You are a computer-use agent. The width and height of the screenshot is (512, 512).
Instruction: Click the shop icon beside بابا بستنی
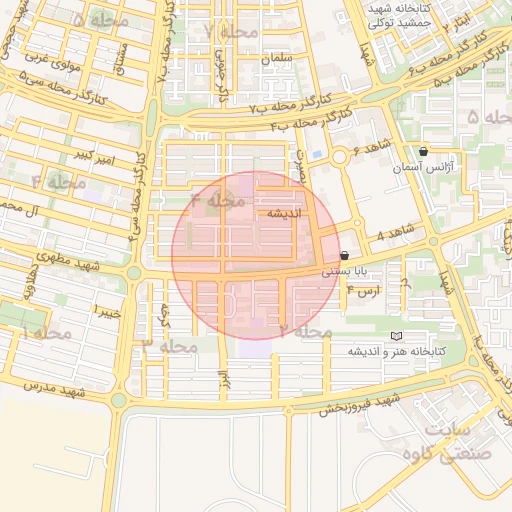coord(345,256)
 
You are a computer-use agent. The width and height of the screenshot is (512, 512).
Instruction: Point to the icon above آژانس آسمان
coord(424,152)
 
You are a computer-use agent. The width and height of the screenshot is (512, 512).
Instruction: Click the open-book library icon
coord(396,336)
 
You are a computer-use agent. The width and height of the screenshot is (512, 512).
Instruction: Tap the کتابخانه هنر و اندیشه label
coord(396,352)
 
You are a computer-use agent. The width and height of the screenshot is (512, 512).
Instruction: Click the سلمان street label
coord(277,59)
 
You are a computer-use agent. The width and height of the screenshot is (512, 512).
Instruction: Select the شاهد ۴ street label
coord(395,236)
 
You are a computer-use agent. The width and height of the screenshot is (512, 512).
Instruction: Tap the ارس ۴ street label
coord(363,291)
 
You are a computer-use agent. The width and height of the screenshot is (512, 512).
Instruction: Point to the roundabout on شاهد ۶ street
coord(340,156)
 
